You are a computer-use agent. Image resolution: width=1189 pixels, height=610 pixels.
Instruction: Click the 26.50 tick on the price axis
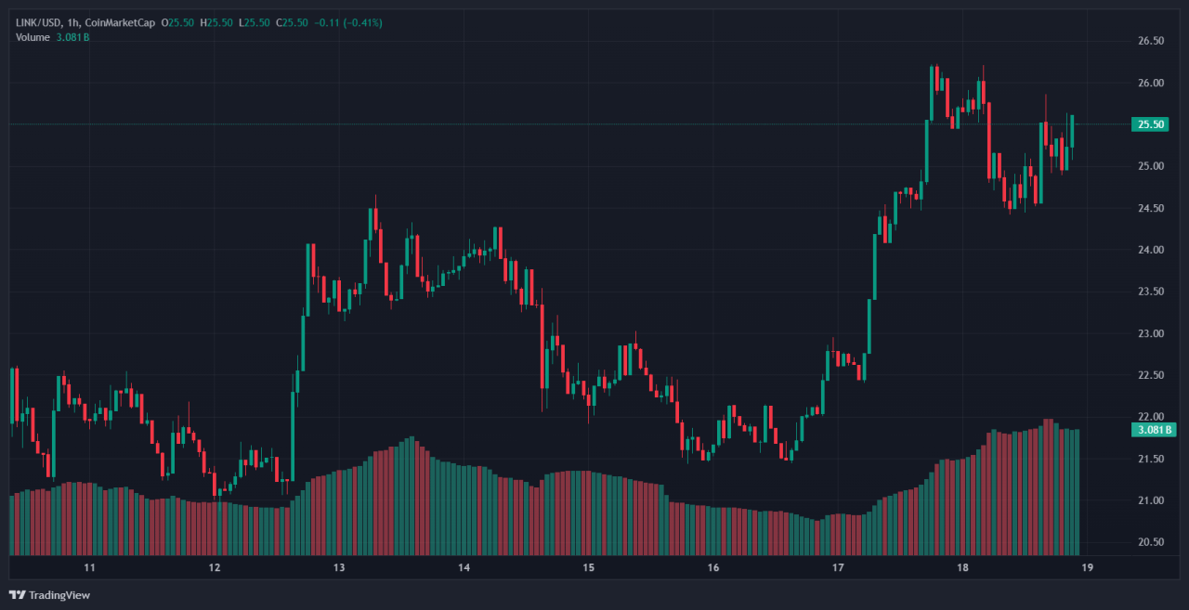pyautogui.click(x=1151, y=41)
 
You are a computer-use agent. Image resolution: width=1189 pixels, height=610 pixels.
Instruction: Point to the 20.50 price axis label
pyautogui.click(x=1151, y=542)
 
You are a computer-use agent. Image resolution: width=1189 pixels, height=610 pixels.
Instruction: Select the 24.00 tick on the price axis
pyautogui.click(x=1151, y=250)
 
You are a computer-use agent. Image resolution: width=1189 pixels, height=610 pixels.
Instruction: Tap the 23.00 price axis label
pyautogui.click(x=1151, y=333)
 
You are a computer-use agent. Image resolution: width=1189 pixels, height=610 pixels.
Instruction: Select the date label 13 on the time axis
pyautogui.click(x=339, y=567)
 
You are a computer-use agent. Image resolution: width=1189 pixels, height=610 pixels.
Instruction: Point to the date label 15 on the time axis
pyautogui.click(x=588, y=567)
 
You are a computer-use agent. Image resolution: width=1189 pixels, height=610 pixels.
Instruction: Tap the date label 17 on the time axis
pyautogui.click(x=838, y=567)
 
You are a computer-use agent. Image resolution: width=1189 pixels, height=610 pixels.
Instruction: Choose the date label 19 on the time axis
pyautogui.click(x=1087, y=567)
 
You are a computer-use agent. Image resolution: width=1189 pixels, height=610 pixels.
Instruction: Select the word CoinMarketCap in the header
pyautogui.click(x=120, y=22)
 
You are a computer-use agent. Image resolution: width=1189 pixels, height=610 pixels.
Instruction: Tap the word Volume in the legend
pyautogui.click(x=33, y=37)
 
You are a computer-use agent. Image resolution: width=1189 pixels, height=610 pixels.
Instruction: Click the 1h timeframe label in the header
pyautogui.click(x=73, y=22)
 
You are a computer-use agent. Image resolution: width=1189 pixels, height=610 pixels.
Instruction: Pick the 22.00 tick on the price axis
pyautogui.click(x=1151, y=417)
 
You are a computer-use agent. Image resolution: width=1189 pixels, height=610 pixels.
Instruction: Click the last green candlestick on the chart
pyautogui.click(x=1072, y=131)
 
